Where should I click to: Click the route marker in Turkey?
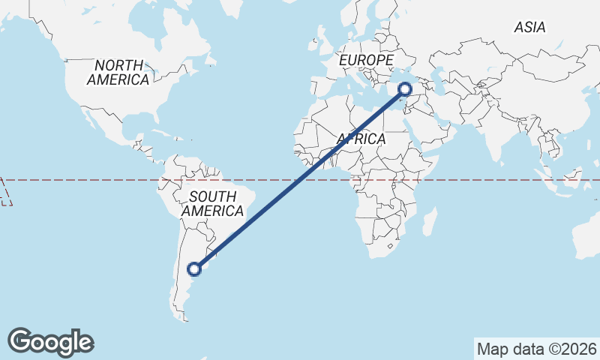tap(405, 90)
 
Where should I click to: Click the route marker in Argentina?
tap(194, 268)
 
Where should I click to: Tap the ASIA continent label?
tap(529, 28)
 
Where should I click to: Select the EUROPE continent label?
tap(366, 60)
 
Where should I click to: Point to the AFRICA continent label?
tap(361, 139)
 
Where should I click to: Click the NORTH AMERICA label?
tap(118, 73)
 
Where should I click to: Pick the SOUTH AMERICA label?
tap(213, 204)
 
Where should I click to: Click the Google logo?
tap(50, 342)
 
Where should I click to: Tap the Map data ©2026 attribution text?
tap(536, 349)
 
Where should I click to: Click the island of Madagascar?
tap(430, 221)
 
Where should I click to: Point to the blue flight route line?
tap(300, 179)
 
